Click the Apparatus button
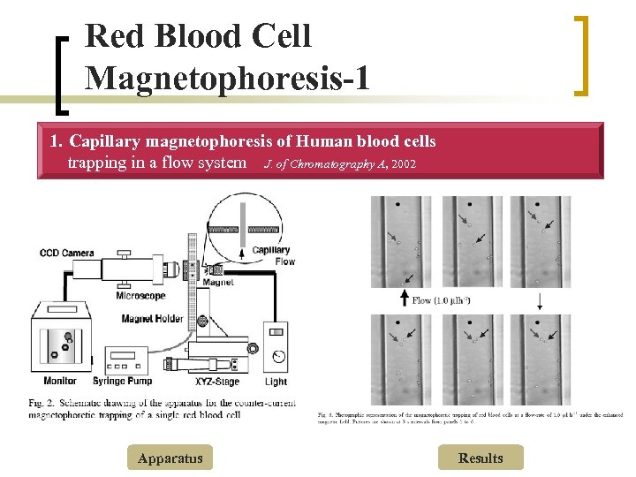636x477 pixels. coord(170,458)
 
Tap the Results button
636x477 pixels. coord(481,458)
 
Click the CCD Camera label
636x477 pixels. coord(67,254)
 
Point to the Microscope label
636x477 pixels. coord(140,296)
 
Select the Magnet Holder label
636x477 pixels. coord(151,319)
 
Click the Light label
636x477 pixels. coord(276,382)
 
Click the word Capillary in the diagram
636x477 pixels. coord(270,250)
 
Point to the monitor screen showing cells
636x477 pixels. coord(62,342)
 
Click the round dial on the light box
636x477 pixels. coord(277,357)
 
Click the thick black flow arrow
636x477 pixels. coord(405,299)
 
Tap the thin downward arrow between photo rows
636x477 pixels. coord(540,301)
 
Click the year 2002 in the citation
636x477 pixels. coord(403,164)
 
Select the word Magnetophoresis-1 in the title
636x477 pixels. coord(226,78)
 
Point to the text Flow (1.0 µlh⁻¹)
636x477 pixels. coord(441,300)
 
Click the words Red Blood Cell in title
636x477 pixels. coord(199,36)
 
